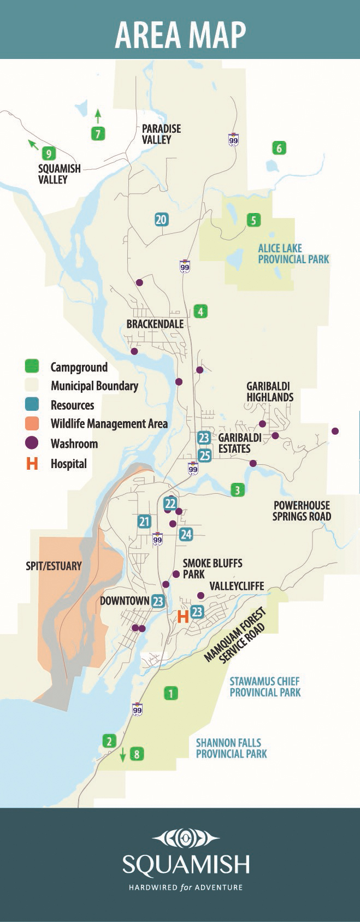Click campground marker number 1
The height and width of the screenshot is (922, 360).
coord(170,694)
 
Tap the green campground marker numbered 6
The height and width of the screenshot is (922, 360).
coord(279,148)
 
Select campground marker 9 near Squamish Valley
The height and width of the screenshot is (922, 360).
coord(49,153)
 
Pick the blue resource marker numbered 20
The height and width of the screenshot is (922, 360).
coord(161,220)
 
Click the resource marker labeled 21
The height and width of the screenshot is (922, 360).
coord(144,522)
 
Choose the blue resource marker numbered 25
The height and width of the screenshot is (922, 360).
coord(204,455)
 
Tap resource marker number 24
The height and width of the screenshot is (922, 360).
coord(186,534)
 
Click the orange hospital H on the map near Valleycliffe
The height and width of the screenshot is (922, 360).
coord(183,617)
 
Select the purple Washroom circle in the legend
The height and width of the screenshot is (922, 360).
coord(32,443)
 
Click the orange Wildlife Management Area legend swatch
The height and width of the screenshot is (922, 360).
coord(32,423)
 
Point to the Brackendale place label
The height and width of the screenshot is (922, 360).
coord(155,324)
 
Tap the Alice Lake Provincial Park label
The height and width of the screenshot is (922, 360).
coord(293,253)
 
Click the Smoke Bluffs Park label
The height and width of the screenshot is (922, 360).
coord(212,568)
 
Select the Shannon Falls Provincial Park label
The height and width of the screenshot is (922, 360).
coord(231,748)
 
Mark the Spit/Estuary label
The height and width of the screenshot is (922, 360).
coord(54,566)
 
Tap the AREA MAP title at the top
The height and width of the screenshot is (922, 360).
coord(180,34)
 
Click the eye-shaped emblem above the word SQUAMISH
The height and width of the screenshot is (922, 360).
coord(186,838)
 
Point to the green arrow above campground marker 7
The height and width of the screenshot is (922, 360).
coord(98,115)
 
